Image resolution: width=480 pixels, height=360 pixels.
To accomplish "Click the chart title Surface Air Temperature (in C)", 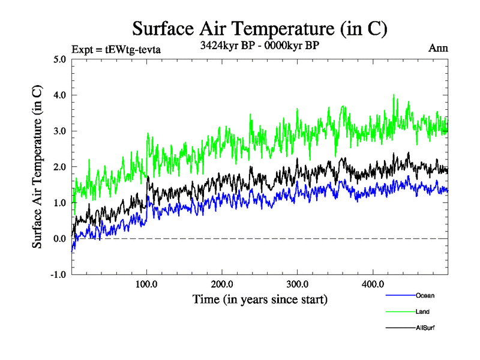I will (259, 28).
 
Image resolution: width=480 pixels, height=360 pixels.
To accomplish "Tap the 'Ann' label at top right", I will (438, 48).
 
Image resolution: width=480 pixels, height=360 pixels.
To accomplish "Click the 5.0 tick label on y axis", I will (60, 59).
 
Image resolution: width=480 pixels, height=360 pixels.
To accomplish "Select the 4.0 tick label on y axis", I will (60, 95).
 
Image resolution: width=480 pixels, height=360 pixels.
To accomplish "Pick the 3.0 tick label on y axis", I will (60, 131).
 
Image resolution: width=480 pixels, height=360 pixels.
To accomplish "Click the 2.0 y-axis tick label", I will (60, 167).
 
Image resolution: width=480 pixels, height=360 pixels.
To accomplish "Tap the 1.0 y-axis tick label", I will (60, 203).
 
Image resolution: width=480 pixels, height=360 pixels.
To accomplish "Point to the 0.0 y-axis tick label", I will (60, 239).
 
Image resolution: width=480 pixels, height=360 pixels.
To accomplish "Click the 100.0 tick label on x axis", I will (147, 284).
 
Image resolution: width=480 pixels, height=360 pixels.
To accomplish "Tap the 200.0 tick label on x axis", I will (222, 284).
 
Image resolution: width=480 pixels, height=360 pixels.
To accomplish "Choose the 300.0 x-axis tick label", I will (297, 284).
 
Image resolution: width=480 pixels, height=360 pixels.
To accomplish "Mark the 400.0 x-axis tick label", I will (373, 284).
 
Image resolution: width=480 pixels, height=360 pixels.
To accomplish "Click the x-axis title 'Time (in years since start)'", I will (259, 299).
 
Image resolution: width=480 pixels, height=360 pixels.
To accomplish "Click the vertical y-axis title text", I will (37, 167).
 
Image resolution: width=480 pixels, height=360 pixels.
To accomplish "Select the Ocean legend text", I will (425, 295).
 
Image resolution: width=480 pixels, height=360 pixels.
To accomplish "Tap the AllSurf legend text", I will (425, 328).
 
